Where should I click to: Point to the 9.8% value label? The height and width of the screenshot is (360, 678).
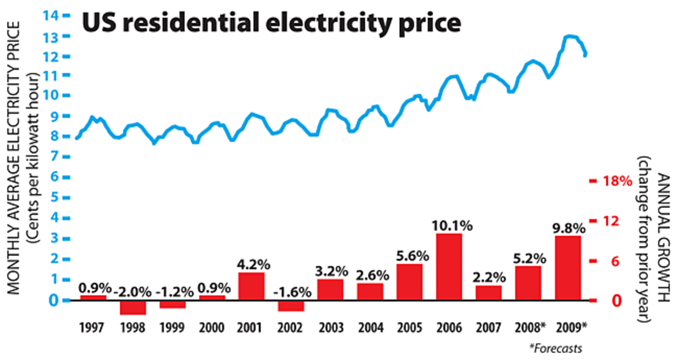[568, 228]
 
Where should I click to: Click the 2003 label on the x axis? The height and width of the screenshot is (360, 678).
[331, 327]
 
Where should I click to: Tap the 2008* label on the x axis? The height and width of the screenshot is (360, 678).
[529, 327]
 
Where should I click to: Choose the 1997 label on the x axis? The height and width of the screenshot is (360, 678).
[92, 327]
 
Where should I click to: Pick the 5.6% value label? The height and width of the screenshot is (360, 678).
[410, 257]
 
